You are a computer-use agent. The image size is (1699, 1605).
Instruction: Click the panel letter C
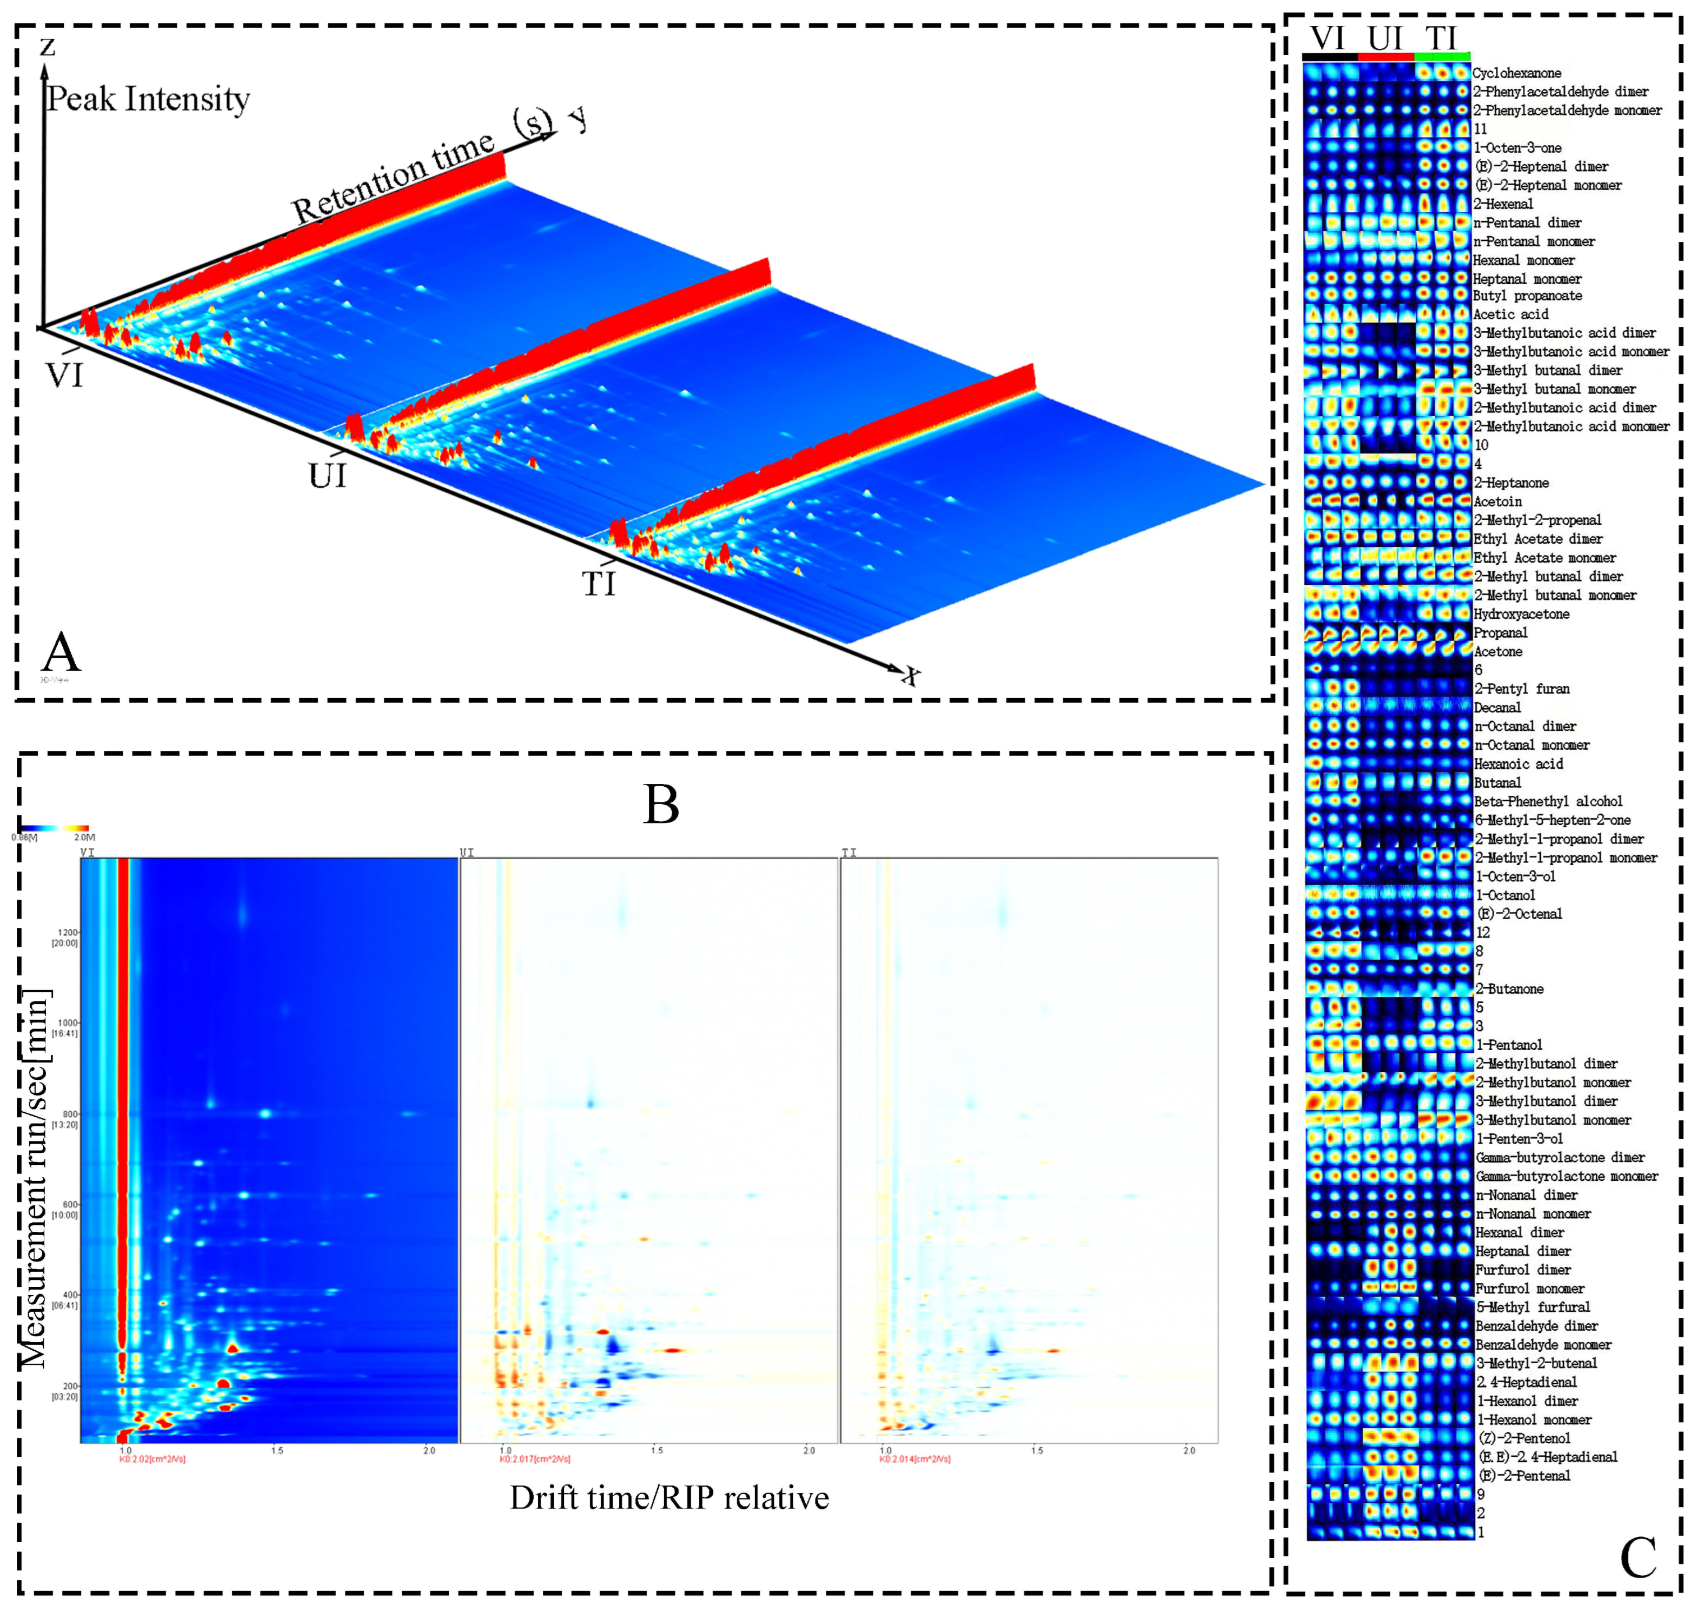pos(1637,1558)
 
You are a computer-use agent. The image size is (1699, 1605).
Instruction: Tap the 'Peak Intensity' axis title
pos(147,99)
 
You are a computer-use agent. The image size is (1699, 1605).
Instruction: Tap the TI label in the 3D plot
pos(598,584)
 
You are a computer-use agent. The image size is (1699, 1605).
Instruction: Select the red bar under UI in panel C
pos(1386,57)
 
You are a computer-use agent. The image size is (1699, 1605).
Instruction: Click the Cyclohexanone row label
pos(1516,74)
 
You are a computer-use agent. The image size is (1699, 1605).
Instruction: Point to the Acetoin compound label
pos(1497,501)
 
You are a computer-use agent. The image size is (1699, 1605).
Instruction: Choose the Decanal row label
pos(1497,708)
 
